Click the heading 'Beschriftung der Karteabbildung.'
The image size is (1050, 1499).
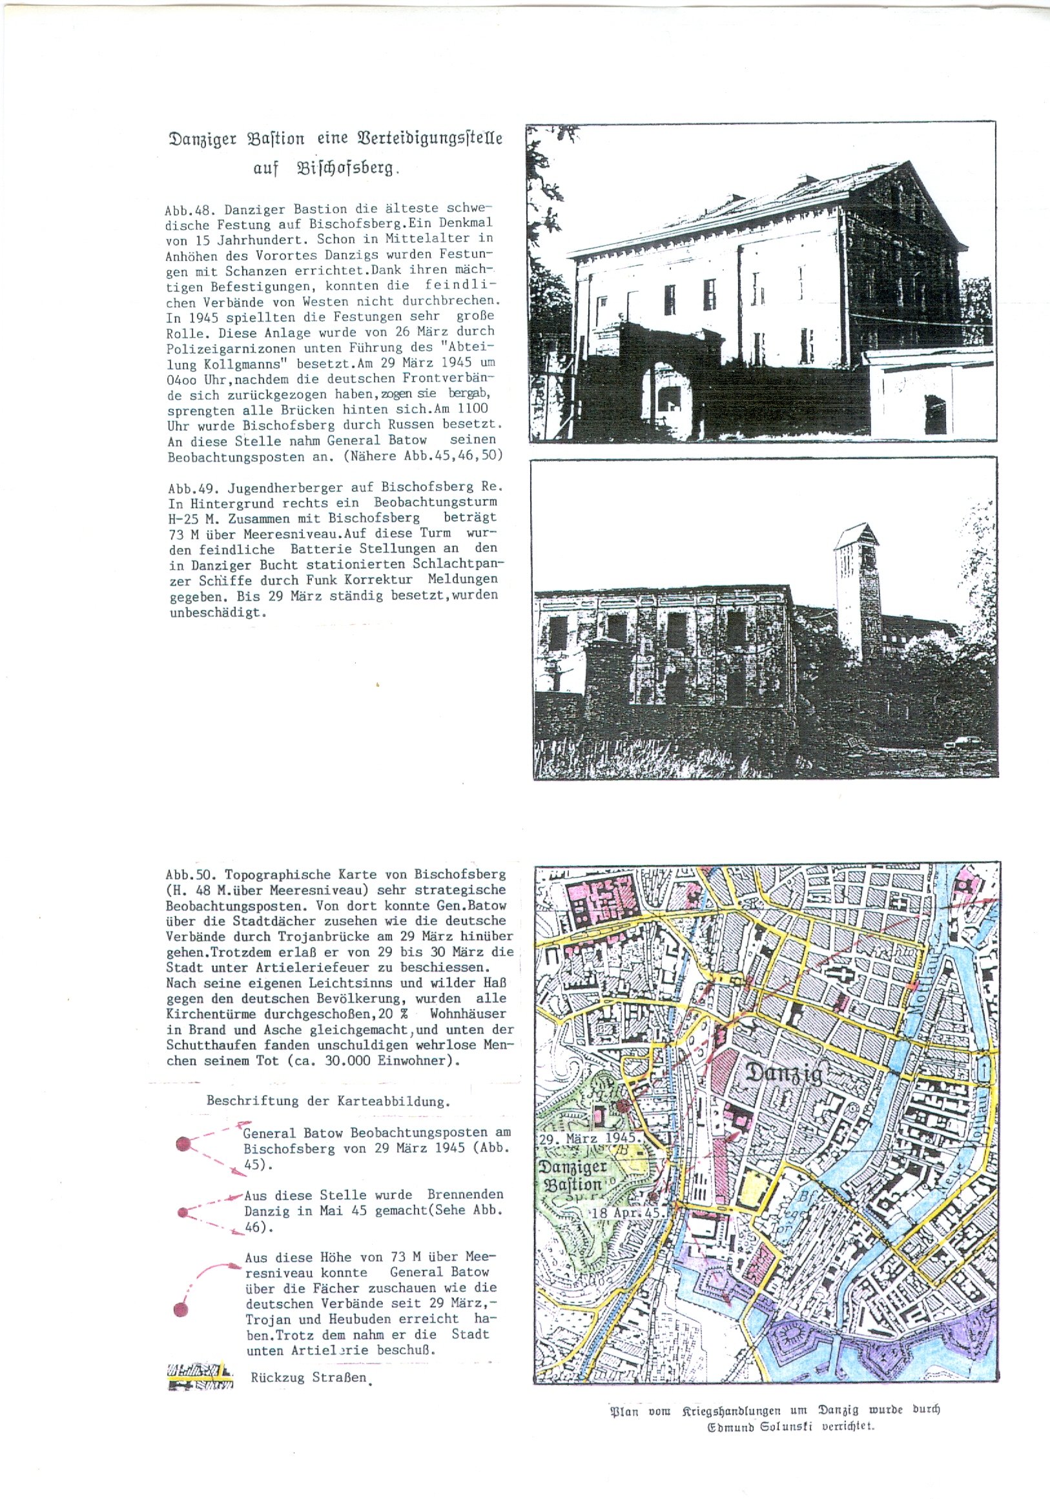click(328, 1101)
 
